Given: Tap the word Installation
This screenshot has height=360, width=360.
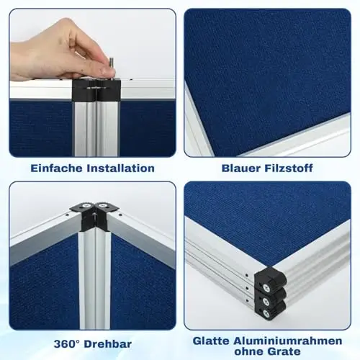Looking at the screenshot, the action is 120,168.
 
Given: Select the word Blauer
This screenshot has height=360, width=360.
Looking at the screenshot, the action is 241,168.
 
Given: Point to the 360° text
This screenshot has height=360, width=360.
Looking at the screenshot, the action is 67,344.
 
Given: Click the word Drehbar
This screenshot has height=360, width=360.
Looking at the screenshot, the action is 108,344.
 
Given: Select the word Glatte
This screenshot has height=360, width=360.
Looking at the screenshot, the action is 211,341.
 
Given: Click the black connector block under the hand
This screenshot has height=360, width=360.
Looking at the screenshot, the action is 96,90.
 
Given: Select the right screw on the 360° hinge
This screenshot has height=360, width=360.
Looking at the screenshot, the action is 103,206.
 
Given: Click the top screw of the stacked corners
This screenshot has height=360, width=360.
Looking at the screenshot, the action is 266,287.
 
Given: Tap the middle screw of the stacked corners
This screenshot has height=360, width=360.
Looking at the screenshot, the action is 266,300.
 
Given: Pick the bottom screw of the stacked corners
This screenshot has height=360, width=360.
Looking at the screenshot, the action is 266,312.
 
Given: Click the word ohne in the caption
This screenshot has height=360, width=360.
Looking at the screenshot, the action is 248,351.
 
